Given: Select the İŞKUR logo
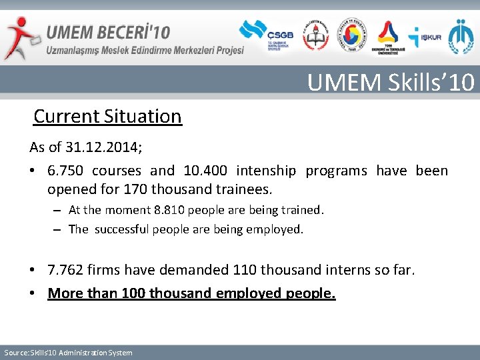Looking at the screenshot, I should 425,37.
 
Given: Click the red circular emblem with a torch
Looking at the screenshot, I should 316,36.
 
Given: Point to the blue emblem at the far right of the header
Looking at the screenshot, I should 461,37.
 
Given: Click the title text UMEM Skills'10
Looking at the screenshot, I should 391,82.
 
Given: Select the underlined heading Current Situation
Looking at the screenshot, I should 107,116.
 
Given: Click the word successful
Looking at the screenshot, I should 122,229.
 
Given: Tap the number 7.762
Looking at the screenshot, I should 65,270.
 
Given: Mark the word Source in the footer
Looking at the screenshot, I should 15,353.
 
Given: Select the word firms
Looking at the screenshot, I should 105,270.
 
